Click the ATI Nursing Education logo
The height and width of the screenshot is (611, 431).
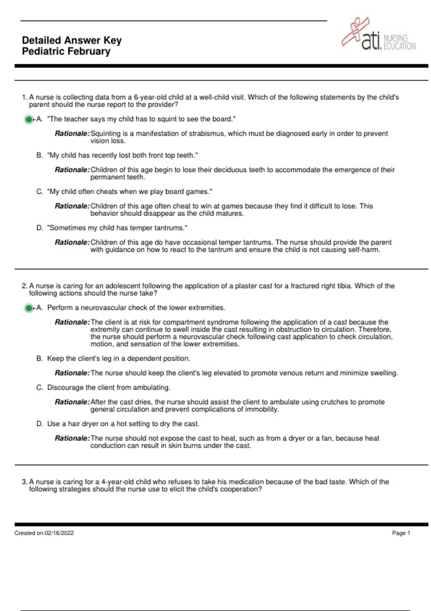click(x=379, y=36)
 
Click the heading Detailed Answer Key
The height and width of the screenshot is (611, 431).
click(x=72, y=40)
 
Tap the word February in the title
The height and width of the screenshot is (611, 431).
click(x=90, y=51)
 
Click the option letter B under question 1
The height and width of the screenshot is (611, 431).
click(x=40, y=155)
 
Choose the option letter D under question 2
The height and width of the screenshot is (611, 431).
click(x=40, y=424)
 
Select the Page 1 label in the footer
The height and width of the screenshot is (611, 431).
click(x=401, y=533)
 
